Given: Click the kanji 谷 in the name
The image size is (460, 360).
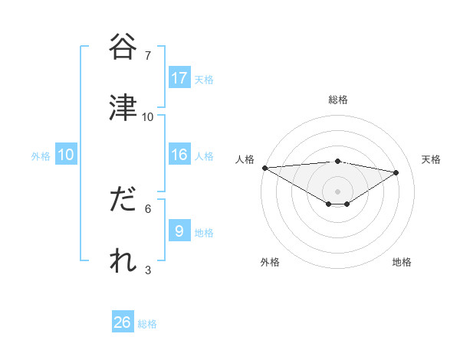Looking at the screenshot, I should pyautogui.click(x=123, y=47).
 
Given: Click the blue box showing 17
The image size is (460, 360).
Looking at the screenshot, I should pyautogui.click(x=179, y=78).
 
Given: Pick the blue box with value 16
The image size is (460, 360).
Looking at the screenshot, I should pyautogui.click(x=179, y=155).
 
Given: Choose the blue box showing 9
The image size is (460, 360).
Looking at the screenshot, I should pyautogui.click(x=179, y=231).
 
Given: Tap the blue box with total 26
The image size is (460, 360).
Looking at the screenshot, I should pyautogui.click(x=123, y=322).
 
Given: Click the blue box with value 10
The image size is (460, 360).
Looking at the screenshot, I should pyautogui.click(x=66, y=155).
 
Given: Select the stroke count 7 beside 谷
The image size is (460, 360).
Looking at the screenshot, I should pyautogui.click(x=148, y=56).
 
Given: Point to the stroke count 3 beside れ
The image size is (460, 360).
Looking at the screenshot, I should pyautogui.click(x=148, y=270).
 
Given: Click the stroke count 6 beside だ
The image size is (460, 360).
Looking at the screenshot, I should pyautogui.click(x=148, y=208).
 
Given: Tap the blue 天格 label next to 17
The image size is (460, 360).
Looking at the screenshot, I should pyautogui.click(x=204, y=79).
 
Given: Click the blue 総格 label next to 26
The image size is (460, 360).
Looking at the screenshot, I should pyautogui.click(x=147, y=324).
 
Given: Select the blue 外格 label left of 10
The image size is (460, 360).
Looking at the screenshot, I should pyautogui.click(x=41, y=155).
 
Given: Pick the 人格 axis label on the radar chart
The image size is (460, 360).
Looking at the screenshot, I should pyautogui.click(x=245, y=159).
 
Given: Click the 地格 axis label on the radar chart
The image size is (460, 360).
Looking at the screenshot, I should pyautogui.click(x=402, y=263).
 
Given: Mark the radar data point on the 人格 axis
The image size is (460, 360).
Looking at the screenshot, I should pyautogui.click(x=264, y=168).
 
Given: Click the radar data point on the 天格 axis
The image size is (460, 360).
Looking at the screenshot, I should pyautogui.click(x=396, y=173).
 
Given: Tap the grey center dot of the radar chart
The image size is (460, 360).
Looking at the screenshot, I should pyautogui.click(x=337, y=191).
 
